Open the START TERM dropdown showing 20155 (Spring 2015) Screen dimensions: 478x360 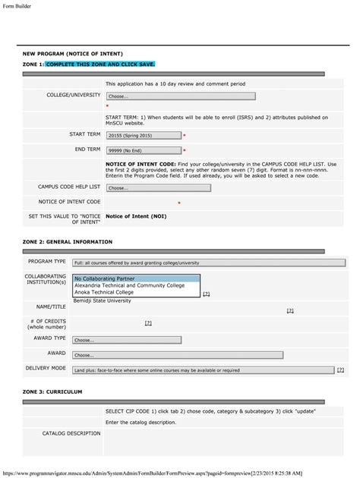tap(144, 135)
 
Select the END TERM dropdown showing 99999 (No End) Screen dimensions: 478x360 tap(144, 150)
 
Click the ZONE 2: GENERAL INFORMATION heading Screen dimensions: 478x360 tap(68, 241)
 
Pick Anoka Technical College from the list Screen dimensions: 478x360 tap(104, 292)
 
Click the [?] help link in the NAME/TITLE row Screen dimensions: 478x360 tap(290, 310)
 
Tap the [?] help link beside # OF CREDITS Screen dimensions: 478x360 tap(148, 323)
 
